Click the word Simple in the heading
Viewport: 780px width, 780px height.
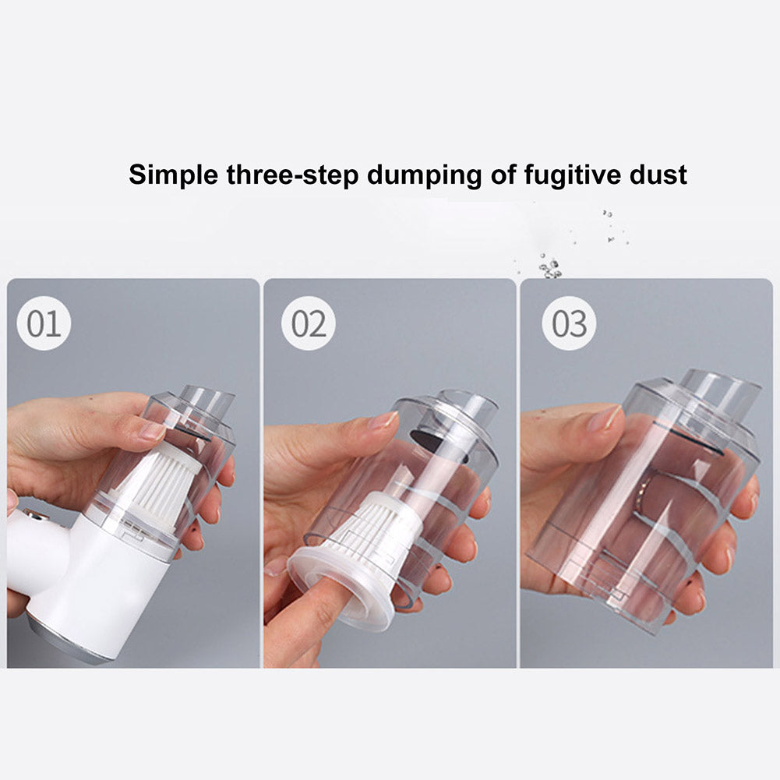click(173, 175)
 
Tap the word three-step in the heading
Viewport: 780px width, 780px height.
click(292, 175)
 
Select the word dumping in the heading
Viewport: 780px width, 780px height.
click(425, 176)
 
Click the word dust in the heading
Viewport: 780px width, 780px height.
click(658, 175)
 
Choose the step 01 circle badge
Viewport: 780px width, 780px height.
click(44, 323)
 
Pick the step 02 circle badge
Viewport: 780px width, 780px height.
click(309, 323)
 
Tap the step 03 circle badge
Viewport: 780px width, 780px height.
click(569, 323)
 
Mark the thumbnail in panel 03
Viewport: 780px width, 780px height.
click(605, 417)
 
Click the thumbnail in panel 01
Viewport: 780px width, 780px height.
click(151, 431)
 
